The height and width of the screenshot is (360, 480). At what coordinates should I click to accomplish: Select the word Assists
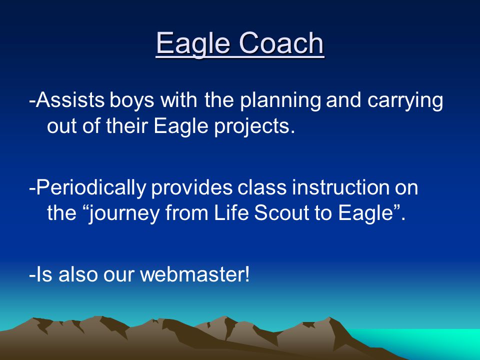(70, 100)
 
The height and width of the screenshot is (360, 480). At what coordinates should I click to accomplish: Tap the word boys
(132, 101)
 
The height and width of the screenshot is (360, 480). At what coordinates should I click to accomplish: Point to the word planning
(280, 101)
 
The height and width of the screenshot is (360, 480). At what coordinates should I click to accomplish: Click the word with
(179, 100)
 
